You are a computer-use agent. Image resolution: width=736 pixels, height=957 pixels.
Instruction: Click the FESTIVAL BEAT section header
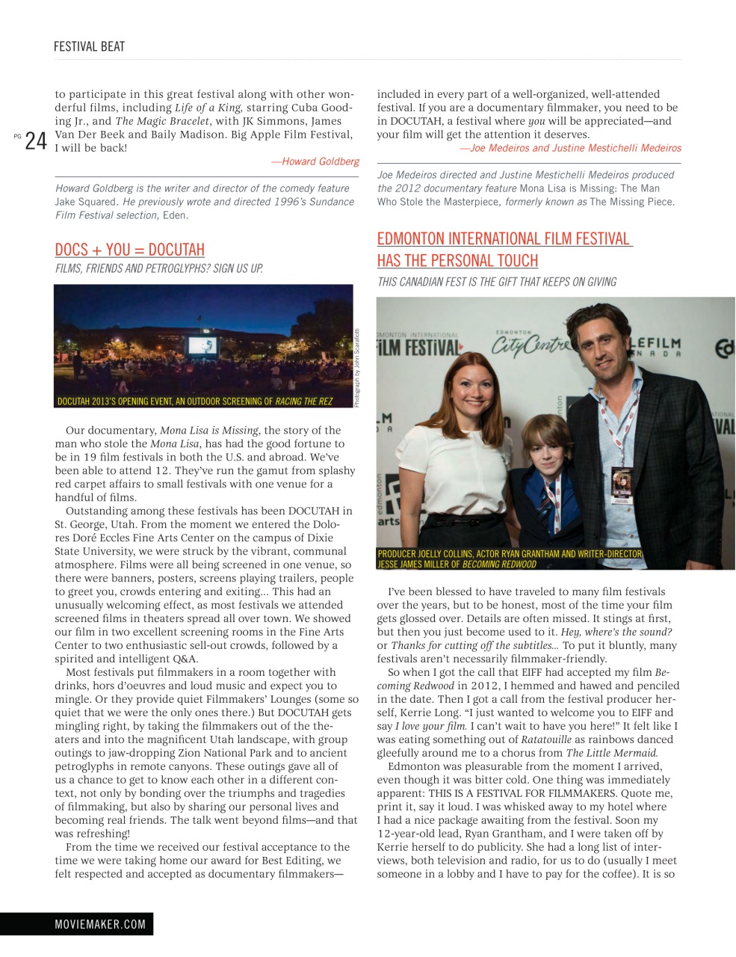click(89, 46)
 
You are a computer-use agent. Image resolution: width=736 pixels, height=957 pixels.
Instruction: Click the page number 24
click(35, 141)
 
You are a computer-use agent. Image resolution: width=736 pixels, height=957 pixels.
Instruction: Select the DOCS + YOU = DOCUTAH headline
click(129, 250)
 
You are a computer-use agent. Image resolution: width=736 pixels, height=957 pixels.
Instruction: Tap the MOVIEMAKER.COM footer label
click(100, 924)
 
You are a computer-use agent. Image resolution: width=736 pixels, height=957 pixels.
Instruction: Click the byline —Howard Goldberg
click(315, 161)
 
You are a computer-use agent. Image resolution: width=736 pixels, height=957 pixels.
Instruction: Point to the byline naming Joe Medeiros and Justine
click(569, 148)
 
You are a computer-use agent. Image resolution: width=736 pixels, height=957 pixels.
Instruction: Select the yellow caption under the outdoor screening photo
click(194, 401)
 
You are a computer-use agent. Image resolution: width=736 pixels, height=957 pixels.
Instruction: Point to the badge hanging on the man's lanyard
click(622, 485)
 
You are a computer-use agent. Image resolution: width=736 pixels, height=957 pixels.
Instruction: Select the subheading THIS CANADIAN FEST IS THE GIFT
click(496, 282)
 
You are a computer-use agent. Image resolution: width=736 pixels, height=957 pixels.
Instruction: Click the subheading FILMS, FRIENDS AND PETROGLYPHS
click(158, 268)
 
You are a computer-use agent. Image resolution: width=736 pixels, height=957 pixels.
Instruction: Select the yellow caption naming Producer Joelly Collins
click(509, 558)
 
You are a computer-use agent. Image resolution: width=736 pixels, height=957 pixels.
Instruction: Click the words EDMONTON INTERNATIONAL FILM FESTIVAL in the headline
click(504, 239)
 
